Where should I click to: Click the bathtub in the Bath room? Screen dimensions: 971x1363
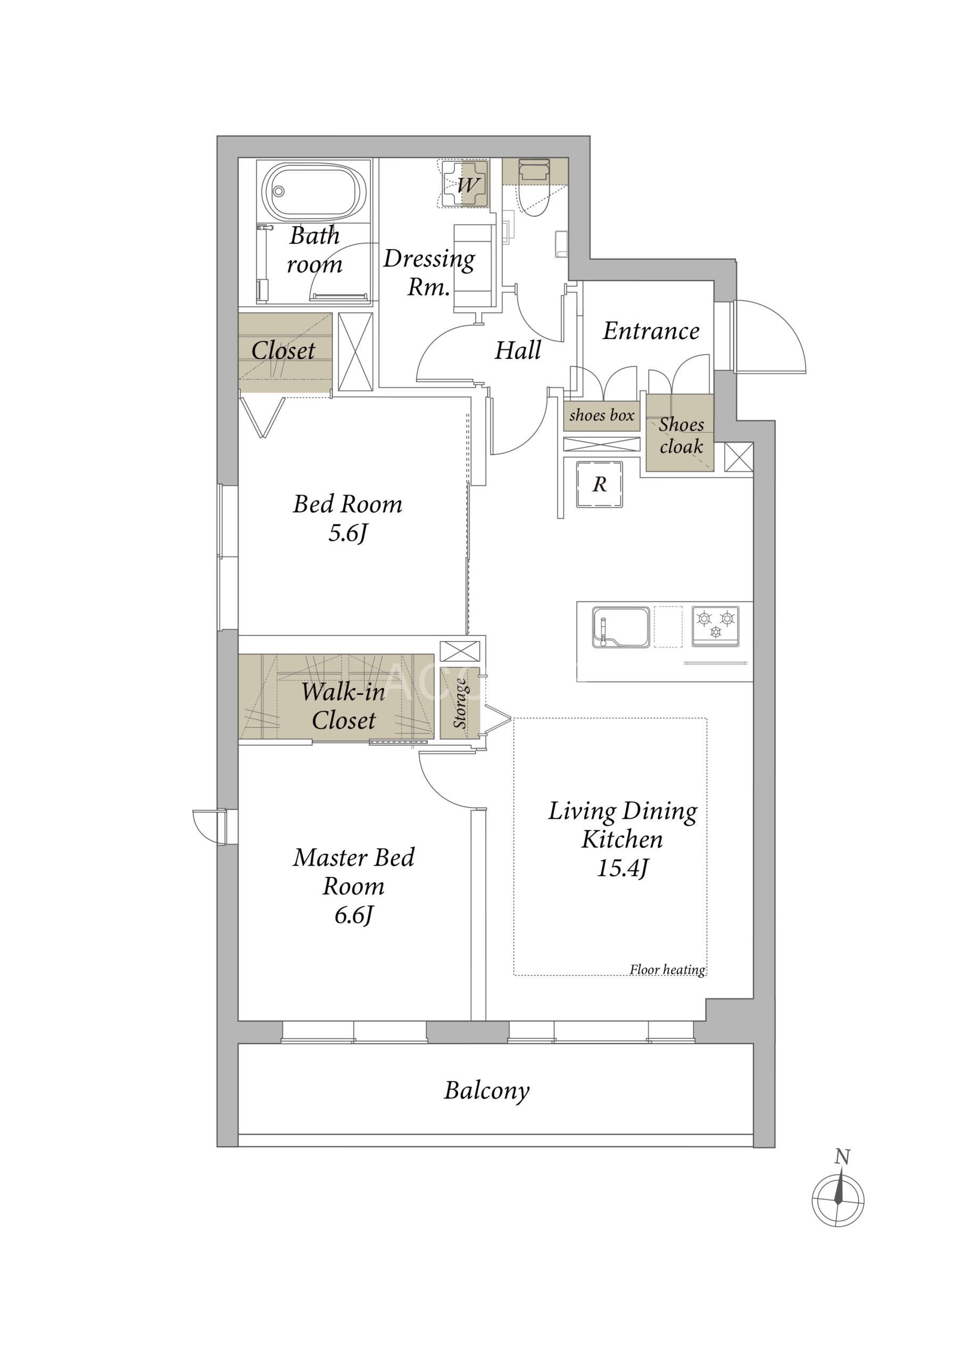pyautogui.click(x=315, y=192)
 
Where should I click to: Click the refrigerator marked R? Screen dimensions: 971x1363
pyautogui.click(x=599, y=484)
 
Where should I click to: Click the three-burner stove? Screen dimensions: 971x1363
pyautogui.click(x=716, y=627)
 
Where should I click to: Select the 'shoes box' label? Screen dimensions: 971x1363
pyautogui.click(x=602, y=415)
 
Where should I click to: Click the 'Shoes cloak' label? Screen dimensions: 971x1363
pyautogui.click(x=681, y=435)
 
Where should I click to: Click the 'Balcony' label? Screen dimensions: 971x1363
pyautogui.click(x=487, y=1090)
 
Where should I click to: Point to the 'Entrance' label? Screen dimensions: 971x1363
pyautogui.click(x=651, y=331)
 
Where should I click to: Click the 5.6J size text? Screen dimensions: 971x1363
pyautogui.click(x=347, y=533)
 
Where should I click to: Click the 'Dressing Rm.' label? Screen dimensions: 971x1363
pyautogui.click(x=429, y=273)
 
